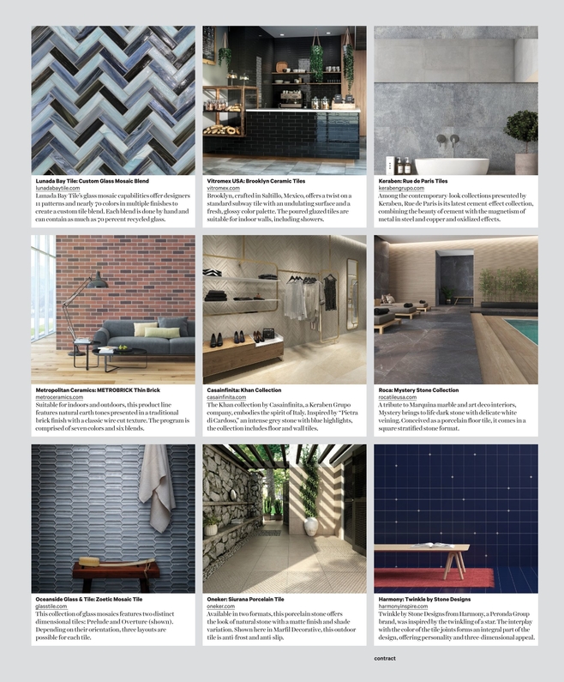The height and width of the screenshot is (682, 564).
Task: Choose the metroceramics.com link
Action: [62, 397]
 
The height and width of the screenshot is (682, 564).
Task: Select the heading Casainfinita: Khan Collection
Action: [244, 390]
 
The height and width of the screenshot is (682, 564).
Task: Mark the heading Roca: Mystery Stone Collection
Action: [418, 390]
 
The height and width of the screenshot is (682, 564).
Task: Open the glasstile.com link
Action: [53, 607]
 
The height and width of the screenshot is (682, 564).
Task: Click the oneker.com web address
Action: [220, 607]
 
